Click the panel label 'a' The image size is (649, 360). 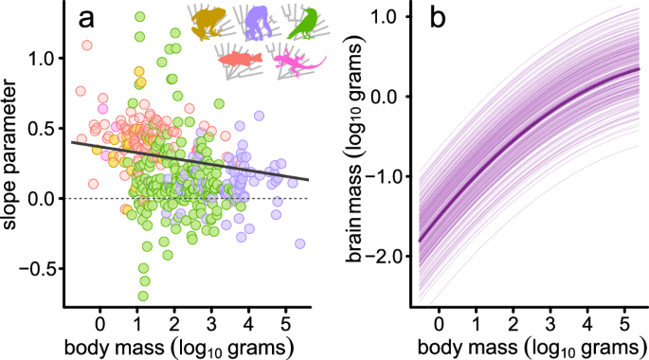(87, 20)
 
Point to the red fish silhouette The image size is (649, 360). (239, 60)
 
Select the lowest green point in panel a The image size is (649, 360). (144, 295)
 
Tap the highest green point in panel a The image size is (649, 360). (140, 17)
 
